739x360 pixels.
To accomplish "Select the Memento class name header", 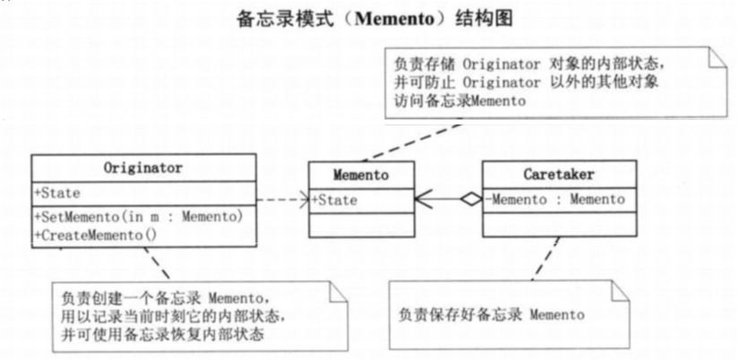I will coord(360,176).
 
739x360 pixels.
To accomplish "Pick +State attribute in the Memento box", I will coord(335,201).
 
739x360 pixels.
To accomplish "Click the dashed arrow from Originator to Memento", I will coord(282,200).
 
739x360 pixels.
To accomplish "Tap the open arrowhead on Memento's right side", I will coord(423,200).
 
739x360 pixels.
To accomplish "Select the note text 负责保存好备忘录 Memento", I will coord(492,314).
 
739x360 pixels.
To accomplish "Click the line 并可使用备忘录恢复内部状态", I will coord(166,333).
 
